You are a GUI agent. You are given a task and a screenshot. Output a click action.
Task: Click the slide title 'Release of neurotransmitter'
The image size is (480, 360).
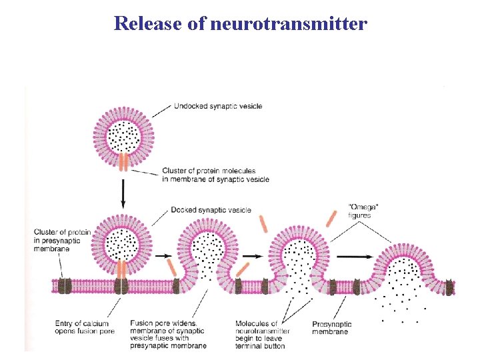(x=240, y=24)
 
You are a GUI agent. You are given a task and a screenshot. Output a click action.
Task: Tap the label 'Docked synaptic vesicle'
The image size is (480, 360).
(x=211, y=210)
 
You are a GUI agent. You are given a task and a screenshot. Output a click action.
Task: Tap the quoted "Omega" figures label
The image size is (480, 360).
(x=359, y=211)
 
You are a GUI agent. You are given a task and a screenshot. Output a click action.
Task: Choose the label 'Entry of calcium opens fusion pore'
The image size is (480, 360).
(x=85, y=327)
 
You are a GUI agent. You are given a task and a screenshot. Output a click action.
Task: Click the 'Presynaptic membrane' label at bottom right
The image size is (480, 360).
(x=332, y=327)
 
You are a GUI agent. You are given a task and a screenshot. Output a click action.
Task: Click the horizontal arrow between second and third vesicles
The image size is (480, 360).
(x=250, y=255)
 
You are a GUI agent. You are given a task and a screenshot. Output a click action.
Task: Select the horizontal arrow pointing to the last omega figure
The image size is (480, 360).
(x=352, y=255)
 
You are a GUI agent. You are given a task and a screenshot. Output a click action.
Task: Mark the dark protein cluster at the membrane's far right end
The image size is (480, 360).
(x=450, y=287)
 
